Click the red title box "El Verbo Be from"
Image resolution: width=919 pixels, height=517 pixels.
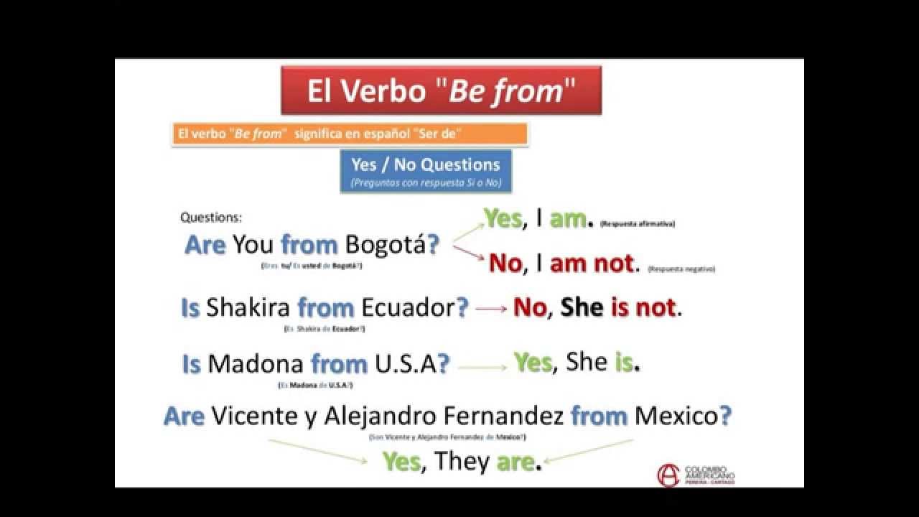pos(441,90)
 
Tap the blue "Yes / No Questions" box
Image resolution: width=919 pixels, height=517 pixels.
pos(426,171)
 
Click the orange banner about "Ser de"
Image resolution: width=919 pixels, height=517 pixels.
pos(350,134)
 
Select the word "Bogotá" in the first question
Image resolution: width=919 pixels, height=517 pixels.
pos(386,245)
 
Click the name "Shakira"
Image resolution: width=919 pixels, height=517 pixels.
pos(248,308)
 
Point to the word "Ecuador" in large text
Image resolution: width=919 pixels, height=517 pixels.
pos(408,308)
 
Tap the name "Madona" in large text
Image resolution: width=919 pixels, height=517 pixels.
pos(256,364)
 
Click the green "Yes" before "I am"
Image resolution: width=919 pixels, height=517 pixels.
pos(503,219)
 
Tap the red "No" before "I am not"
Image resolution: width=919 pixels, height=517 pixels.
pos(505,264)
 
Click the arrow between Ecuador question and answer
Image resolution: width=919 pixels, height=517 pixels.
pos(491,309)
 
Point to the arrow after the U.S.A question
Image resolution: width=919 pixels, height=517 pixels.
pos(482,367)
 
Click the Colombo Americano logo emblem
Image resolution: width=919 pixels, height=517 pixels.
pos(668,475)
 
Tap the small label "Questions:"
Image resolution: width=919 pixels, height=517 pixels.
pos(211,217)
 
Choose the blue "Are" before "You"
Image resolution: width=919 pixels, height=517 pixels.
pos(206,245)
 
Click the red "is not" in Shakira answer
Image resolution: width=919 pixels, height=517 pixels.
pos(643,308)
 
